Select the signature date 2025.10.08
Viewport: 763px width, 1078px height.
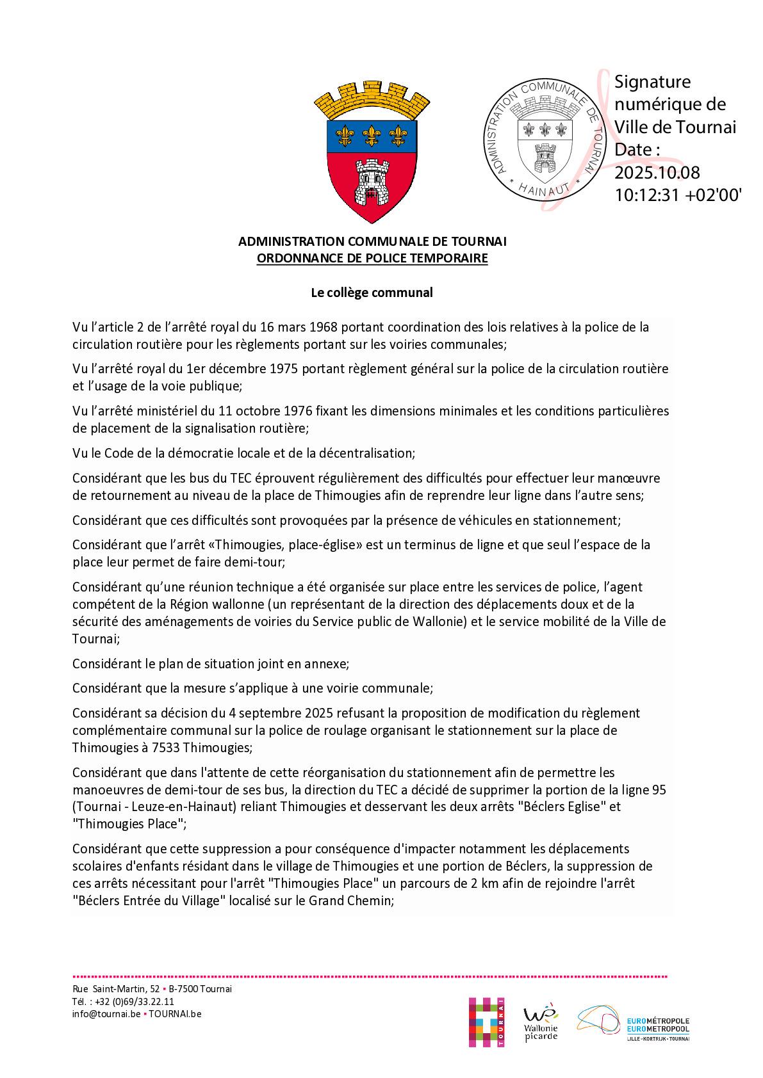[x=657, y=173]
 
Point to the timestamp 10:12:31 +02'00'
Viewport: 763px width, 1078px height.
[x=678, y=195]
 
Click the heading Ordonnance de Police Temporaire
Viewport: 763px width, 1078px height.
[x=372, y=259]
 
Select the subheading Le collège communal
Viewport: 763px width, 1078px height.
[x=372, y=293]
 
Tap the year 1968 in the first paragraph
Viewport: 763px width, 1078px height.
[x=324, y=327]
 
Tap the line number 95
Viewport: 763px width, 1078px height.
[x=660, y=790]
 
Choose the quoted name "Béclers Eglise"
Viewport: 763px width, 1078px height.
[x=566, y=807]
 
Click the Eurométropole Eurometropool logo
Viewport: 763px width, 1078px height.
[x=634, y=1024]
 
